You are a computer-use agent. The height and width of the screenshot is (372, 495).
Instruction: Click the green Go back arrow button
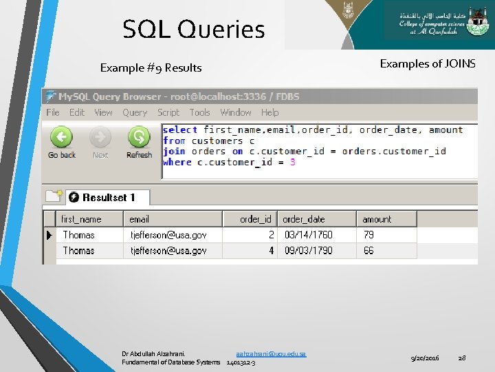[x=61, y=138]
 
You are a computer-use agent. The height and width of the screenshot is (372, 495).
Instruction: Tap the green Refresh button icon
[x=139, y=138]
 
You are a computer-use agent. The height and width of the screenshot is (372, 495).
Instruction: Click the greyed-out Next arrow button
[x=100, y=138]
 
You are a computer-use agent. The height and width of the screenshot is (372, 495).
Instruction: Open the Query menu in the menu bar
[x=135, y=112]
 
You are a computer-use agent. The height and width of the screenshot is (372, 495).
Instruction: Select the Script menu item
[x=168, y=112]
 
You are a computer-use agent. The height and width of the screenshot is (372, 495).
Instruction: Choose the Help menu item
[x=269, y=112]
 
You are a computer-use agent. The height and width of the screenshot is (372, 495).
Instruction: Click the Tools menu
[x=199, y=112]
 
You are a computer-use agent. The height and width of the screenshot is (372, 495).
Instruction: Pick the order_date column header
[x=304, y=219]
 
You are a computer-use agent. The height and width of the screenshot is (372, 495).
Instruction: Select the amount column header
[x=377, y=219]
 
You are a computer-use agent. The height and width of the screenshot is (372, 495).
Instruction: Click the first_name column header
[x=81, y=219]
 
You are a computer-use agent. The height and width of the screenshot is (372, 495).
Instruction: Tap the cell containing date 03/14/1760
[x=308, y=235]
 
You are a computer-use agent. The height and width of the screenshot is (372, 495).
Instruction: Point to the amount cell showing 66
[x=369, y=251]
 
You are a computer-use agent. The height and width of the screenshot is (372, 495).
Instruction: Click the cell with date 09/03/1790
[x=308, y=251]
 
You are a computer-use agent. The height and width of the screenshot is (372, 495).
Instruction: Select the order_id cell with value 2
[x=271, y=235]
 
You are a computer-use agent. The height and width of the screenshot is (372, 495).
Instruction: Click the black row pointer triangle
[x=49, y=235]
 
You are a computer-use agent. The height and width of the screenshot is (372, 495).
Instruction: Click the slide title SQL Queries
[x=193, y=30]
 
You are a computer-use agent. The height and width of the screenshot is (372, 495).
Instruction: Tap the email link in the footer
[x=271, y=353]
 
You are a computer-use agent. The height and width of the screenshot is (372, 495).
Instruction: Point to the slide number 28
[x=462, y=358]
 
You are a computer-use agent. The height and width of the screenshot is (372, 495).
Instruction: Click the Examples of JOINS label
[x=428, y=63]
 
